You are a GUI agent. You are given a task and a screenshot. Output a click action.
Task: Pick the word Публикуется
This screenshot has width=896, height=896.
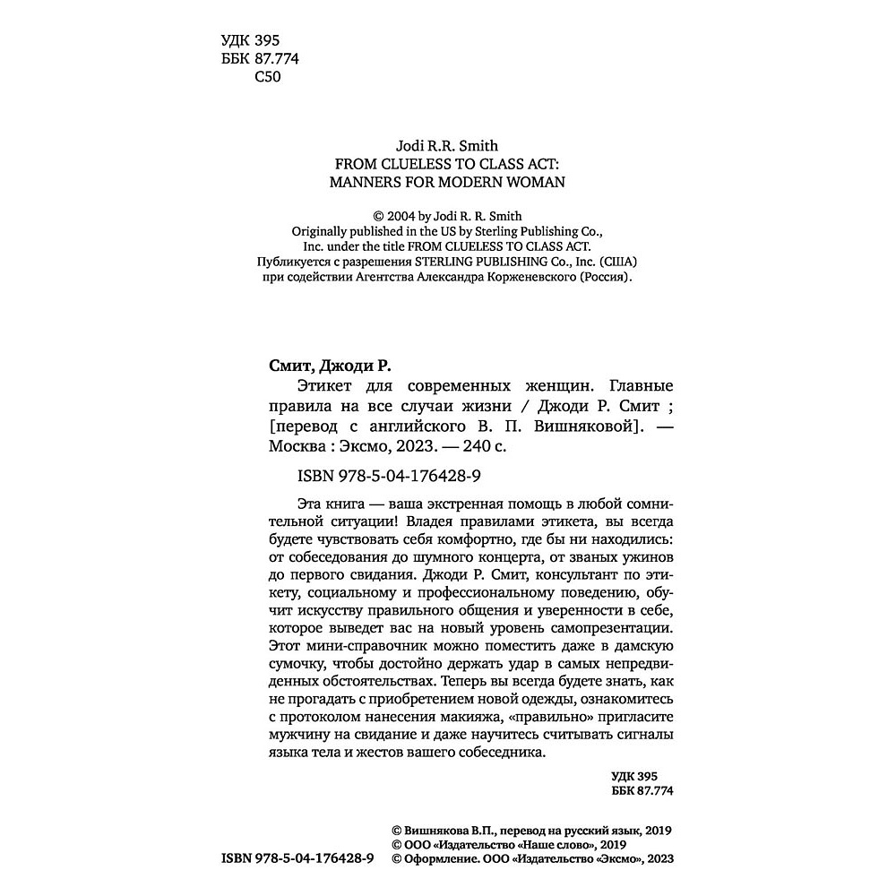[275, 261]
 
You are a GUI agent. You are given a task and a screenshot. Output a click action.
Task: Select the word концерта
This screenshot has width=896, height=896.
[524, 556]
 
